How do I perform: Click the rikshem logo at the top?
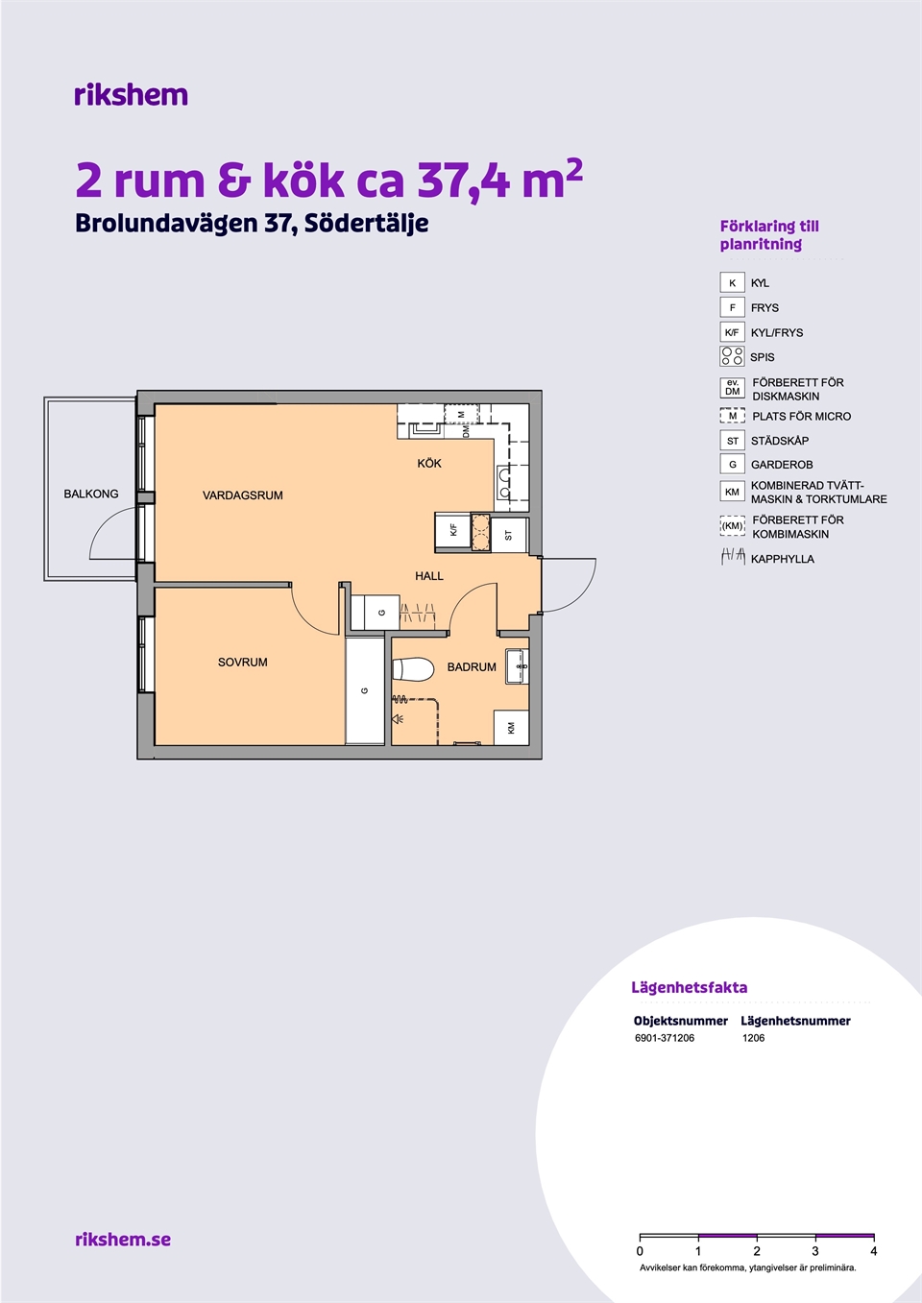(x=132, y=95)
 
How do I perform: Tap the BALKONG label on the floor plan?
(x=90, y=494)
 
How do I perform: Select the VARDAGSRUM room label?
(x=243, y=495)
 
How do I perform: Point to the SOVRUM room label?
(x=243, y=662)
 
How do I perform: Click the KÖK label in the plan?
(x=429, y=463)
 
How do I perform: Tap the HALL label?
(x=429, y=576)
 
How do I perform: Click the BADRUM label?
(x=472, y=667)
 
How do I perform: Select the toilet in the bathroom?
(x=413, y=669)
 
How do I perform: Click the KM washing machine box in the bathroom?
(x=511, y=728)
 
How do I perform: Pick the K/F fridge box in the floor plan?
(x=453, y=530)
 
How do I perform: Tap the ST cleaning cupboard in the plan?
(x=509, y=535)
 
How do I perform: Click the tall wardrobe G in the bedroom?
(x=365, y=691)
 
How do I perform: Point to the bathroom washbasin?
(x=517, y=666)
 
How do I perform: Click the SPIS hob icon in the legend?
(x=733, y=356)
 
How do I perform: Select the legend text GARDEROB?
(x=782, y=465)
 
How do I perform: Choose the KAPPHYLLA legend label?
(x=783, y=559)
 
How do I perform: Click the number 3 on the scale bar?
(x=815, y=1250)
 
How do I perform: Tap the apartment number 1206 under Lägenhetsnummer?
(x=753, y=1038)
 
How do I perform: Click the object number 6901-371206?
(x=665, y=1038)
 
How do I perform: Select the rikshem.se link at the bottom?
(x=123, y=1239)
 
